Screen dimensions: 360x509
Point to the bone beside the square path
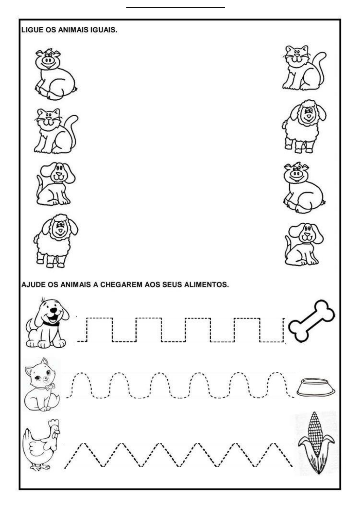[311, 321]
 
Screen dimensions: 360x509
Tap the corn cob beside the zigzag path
[316, 443]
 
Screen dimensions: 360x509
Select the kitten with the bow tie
[42, 385]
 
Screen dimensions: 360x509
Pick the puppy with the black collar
[47, 322]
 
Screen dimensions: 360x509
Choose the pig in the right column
[304, 188]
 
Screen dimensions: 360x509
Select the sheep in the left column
[56, 240]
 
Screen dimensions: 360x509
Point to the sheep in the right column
[304, 126]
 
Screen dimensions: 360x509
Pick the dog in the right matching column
[304, 244]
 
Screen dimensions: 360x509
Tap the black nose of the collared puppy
[53, 310]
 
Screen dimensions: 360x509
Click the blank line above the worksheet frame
[176, 7]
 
